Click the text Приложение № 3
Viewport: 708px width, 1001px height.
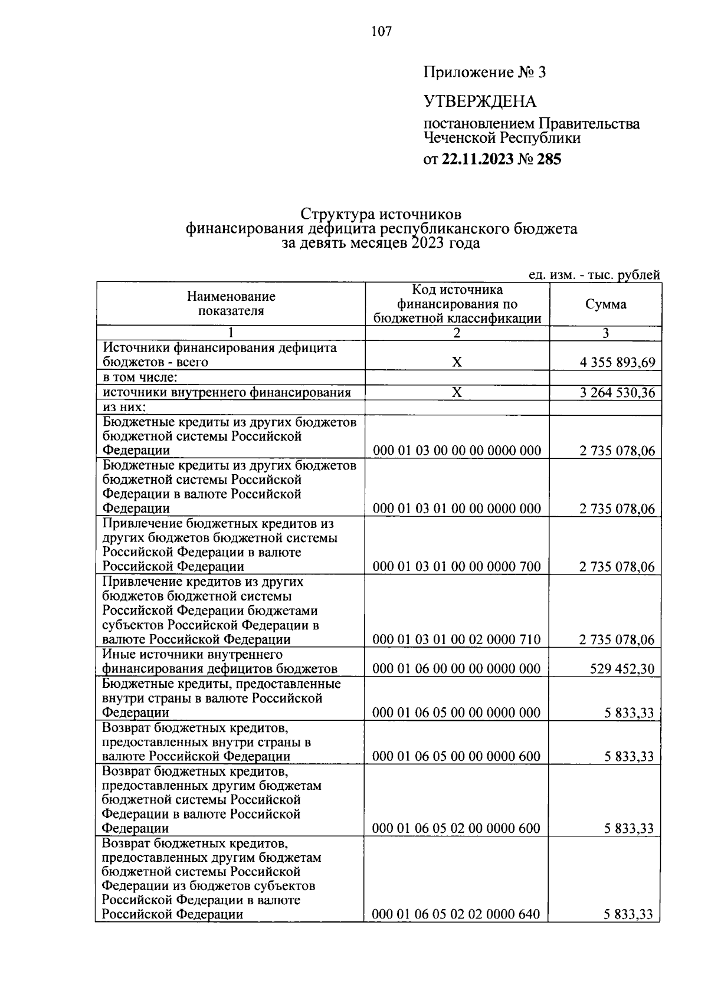[485, 73]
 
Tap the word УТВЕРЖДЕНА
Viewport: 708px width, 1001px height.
[480, 101]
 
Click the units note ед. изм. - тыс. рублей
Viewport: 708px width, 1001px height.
[594, 274]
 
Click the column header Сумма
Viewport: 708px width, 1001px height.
[606, 304]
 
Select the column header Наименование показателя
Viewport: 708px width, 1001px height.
[231, 304]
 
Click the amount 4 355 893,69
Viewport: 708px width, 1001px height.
[617, 363]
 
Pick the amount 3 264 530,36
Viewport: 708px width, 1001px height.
[617, 393]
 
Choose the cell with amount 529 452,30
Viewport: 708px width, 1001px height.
[622, 669]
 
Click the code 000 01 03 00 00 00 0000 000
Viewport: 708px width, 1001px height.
[457, 451]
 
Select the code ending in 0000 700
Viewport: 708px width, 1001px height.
[457, 567]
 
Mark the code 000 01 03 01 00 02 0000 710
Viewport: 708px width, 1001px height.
[457, 640]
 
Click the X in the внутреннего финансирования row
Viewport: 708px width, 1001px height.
[457, 392]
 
